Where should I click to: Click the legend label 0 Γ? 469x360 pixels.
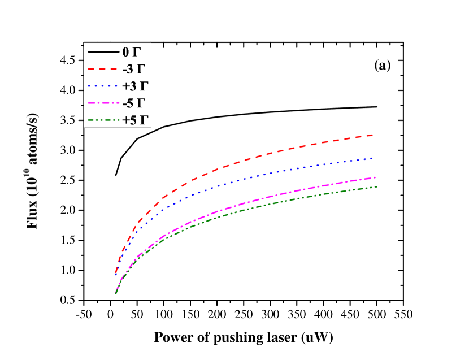pos(131,52)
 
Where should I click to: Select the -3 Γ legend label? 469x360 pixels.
pos(133,70)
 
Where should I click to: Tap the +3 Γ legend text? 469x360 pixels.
pos(134,86)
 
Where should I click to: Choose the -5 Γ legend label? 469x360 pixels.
pos(133,103)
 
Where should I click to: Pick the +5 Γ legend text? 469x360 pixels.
pos(134,120)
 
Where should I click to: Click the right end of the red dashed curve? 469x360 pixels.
pos(373,135)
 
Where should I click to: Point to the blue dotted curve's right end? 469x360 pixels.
pos(373,158)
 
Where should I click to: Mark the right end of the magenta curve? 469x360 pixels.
pos(376,177)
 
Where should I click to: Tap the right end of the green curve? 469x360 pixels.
pos(376,186)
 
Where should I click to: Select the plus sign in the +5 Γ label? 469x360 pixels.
pos(125,120)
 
